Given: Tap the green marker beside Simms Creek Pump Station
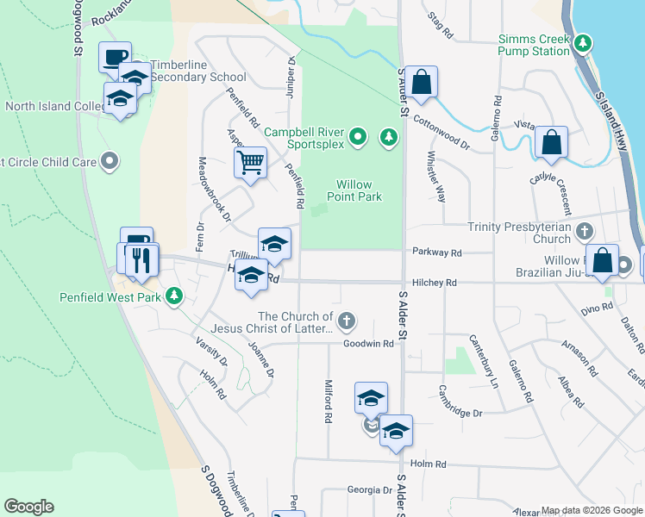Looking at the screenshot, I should pyautogui.click(x=584, y=42).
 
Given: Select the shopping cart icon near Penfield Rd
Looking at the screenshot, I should pyautogui.click(x=250, y=160).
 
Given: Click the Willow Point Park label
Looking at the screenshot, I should pyautogui.click(x=359, y=190).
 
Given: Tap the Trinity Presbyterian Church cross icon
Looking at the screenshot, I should pyautogui.click(x=585, y=231).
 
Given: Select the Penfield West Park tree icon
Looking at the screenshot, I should pyautogui.click(x=174, y=296).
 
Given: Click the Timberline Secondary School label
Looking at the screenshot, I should pyautogui.click(x=198, y=77).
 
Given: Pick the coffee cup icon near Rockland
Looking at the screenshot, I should pyautogui.click(x=115, y=57).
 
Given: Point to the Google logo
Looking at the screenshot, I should pyautogui.click(x=28, y=507).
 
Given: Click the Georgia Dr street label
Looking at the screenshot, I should pyautogui.click(x=369, y=489).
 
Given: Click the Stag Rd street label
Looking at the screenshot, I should pyautogui.click(x=440, y=25).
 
